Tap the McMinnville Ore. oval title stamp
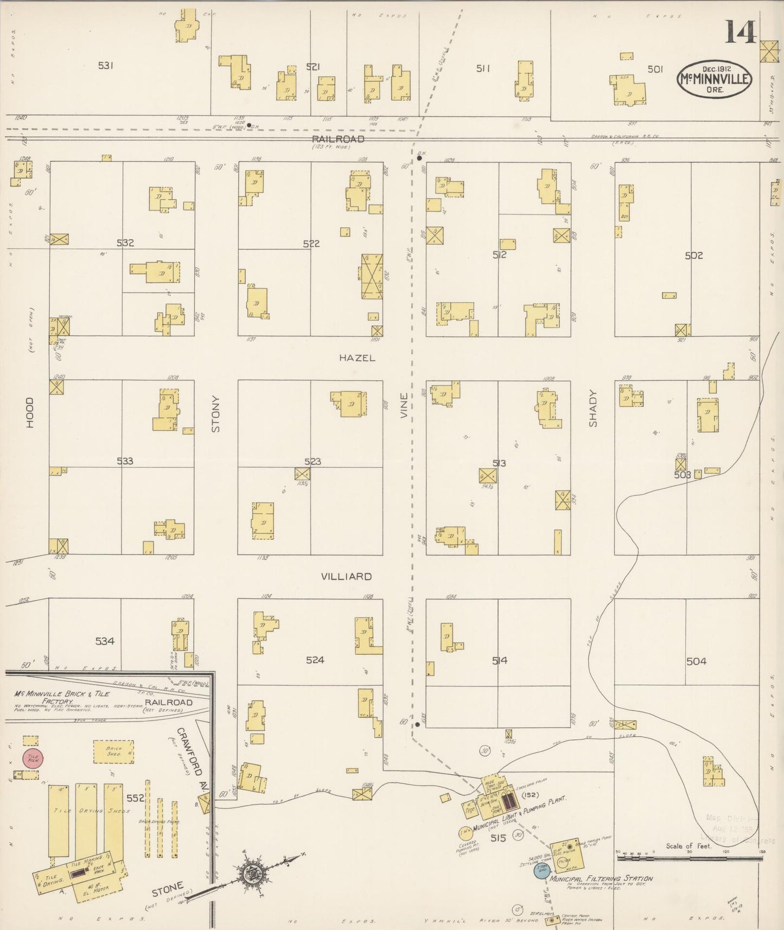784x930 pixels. [714, 80]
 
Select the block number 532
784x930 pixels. [125, 243]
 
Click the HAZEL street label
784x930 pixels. [357, 358]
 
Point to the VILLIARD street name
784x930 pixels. [346, 576]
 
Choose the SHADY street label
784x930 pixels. [592, 408]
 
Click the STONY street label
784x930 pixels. [216, 414]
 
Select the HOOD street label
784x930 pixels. [30, 412]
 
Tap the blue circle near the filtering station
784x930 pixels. [541, 869]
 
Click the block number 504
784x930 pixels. [696, 661]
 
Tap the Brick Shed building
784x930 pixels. [114, 751]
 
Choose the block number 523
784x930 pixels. [313, 462]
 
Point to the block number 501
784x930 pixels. [655, 69]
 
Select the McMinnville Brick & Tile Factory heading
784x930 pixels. [62, 697]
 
